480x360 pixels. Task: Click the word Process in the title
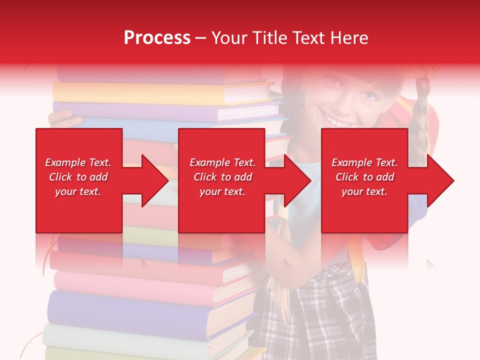click(x=157, y=38)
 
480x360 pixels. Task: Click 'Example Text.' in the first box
click(x=78, y=162)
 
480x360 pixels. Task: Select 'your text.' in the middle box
click(x=222, y=191)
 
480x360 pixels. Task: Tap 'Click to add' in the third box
click(x=364, y=177)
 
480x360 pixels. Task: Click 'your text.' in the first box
click(x=78, y=191)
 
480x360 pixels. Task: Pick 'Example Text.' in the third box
click(x=364, y=162)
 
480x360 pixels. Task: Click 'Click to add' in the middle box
click(x=222, y=177)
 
